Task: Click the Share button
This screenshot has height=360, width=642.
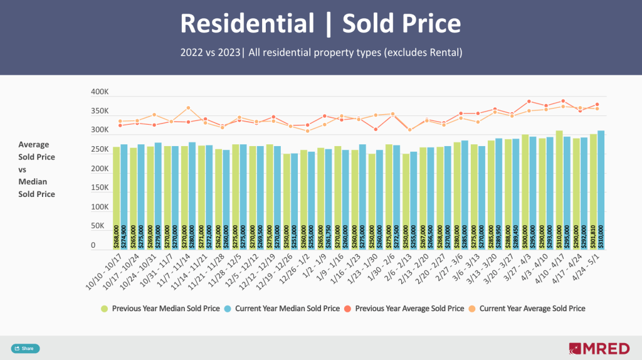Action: click(25, 349)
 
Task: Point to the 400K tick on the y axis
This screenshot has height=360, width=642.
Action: click(100, 92)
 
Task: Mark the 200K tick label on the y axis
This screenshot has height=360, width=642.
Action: click(100, 169)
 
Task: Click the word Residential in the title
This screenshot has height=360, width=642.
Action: click(247, 24)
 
